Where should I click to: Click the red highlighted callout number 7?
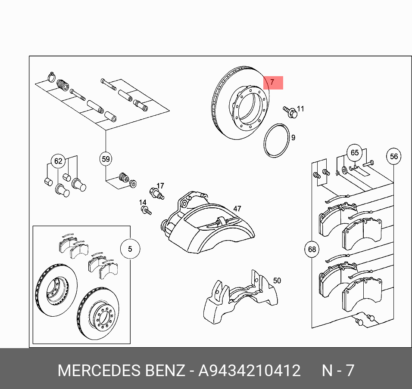(273, 82)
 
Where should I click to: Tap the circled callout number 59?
(106, 159)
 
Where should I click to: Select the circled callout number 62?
(58, 162)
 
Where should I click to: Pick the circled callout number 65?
(354, 153)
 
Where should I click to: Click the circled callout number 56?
(394, 156)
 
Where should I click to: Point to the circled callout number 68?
(312, 249)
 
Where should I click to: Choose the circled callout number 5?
(130, 249)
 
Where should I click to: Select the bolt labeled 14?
(145, 210)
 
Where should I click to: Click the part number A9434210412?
(249, 370)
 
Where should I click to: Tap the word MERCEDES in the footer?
(97, 370)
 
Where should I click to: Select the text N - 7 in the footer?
(338, 370)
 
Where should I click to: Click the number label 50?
(277, 281)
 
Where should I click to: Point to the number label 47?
(237, 209)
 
